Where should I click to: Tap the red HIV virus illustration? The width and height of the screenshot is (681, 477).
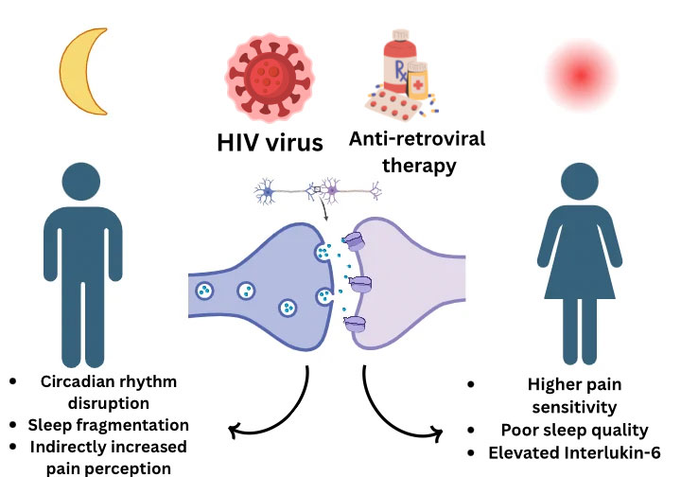click(270, 78)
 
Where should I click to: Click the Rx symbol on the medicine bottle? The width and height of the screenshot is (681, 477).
click(400, 71)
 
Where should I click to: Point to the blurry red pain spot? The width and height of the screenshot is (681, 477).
click(581, 75)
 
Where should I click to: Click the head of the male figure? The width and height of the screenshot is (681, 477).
click(81, 182)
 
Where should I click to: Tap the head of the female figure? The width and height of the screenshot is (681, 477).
click(580, 182)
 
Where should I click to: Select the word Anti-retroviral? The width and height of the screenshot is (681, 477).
click(417, 139)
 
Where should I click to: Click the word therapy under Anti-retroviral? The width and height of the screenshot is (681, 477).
click(419, 166)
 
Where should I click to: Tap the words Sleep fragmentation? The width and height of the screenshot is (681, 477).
click(108, 425)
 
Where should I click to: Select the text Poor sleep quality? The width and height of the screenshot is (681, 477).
click(575, 430)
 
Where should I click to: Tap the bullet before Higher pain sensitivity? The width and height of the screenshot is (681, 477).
click(471, 384)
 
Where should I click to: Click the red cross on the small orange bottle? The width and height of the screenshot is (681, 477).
click(418, 84)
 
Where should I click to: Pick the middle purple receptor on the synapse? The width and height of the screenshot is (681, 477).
click(360, 284)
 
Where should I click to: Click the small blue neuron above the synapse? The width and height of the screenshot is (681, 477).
click(266, 191)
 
